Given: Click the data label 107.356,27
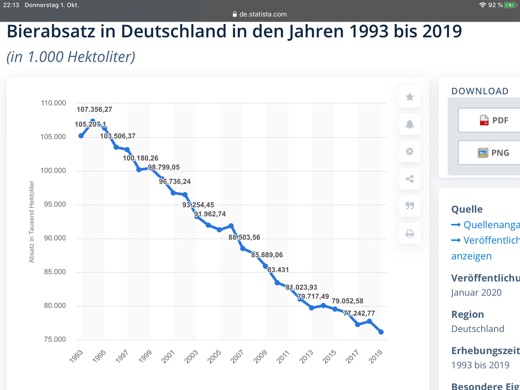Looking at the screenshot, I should coord(94,109).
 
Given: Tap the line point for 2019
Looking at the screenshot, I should coord(381,332).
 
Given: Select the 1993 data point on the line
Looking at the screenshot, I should coord(81,136).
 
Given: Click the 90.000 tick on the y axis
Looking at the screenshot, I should coord(54,238).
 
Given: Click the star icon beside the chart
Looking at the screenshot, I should coord(409,97).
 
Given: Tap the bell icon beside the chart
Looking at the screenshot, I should coord(409,125).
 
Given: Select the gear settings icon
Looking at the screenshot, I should coord(409,152).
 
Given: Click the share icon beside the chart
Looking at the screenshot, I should coord(409,179).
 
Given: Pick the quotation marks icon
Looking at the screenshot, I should coord(409,206).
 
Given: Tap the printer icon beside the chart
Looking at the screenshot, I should coord(409,233).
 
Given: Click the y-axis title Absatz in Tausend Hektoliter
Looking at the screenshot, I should coord(32,222).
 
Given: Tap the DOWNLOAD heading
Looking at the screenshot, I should coord(480,91).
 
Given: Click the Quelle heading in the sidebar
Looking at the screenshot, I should coord(467,209).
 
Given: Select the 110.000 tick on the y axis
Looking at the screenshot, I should coord(54,103).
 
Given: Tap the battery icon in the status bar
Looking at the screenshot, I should coord(511,5).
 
